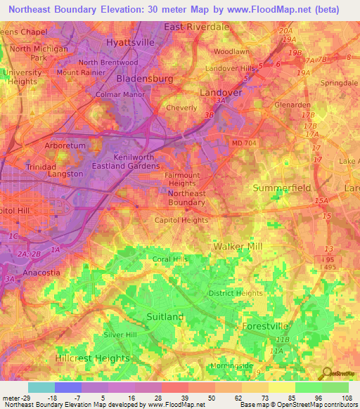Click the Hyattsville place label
point(129,42)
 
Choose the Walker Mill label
point(238,247)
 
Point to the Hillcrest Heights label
point(90,358)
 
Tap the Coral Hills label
point(172,259)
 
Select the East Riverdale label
point(197,27)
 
